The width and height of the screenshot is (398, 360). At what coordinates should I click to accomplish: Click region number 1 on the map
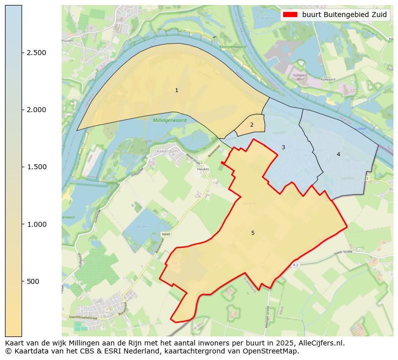[176, 91]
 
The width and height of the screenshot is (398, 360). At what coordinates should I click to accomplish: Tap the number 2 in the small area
[252, 125]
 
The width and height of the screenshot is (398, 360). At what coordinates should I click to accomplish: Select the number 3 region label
[283, 147]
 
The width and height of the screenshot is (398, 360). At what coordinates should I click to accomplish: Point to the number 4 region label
[338, 154]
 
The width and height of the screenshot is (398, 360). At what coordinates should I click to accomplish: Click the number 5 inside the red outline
[253, 233]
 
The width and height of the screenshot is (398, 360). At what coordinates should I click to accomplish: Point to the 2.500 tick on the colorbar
[36, 53]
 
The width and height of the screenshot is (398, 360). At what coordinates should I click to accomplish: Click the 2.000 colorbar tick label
[36, 110]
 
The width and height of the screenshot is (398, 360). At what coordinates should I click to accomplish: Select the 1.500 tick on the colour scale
[36, 167]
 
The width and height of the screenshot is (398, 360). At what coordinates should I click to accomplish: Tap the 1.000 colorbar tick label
[36, 224]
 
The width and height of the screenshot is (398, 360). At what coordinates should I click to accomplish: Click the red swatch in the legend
[290, 15]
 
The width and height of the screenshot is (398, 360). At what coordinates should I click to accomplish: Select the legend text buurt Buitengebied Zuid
[344, 15]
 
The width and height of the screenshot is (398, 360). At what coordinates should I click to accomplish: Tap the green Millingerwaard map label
[169, 121]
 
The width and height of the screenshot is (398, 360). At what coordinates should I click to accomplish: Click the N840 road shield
[166, 234]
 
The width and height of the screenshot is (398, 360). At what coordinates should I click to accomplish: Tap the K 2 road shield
[296, 265]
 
